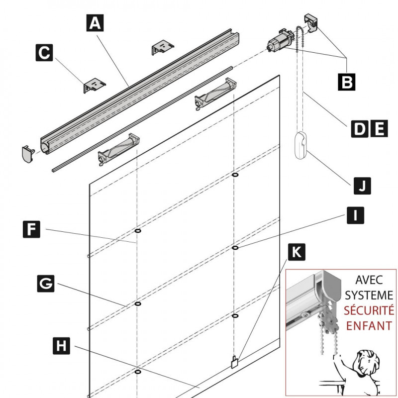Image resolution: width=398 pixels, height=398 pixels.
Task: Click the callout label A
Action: click(95, 22)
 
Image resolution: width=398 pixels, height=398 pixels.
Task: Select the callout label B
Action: click(346, 81)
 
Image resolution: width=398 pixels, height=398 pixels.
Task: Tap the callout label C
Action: click(44, 53)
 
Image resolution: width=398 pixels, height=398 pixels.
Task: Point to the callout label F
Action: click(31, 230)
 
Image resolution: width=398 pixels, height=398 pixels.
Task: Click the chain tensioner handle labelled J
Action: click(301, 145)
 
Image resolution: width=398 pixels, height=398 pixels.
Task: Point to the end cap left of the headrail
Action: click(28, 154)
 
